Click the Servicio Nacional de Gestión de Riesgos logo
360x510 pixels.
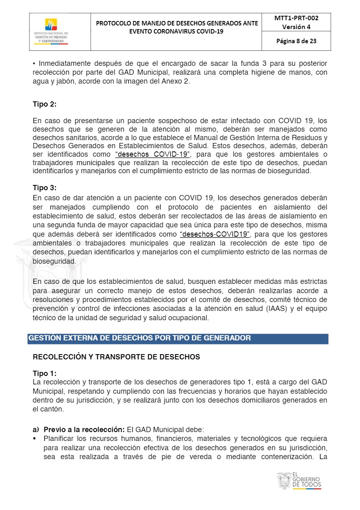[51, 30]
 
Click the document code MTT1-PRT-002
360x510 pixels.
[296, 18]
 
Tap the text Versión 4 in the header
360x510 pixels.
[296, 27]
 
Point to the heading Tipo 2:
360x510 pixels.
[44, 104]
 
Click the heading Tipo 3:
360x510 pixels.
[44, 188]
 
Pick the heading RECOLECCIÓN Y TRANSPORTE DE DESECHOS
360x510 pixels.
[116, 357]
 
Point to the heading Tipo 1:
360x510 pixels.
[44, 374]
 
